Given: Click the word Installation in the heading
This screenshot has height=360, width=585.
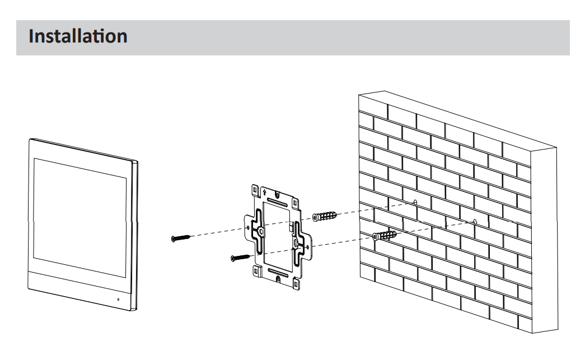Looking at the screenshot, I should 78,37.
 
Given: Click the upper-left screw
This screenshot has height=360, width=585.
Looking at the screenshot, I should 180,238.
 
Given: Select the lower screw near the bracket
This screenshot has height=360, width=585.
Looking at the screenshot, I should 240,257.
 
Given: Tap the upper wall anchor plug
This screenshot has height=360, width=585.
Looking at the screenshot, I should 325,216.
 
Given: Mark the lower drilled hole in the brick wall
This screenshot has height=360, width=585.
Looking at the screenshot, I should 475,221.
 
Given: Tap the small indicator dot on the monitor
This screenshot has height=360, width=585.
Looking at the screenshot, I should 118,300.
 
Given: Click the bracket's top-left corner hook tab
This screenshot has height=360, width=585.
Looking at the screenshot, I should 255,189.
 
